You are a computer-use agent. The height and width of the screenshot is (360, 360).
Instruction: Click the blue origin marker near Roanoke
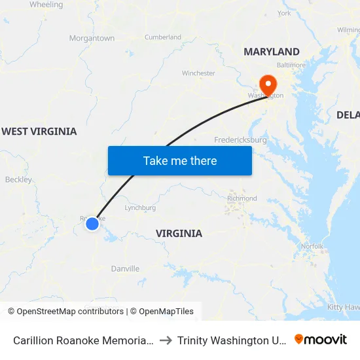coord(92,224)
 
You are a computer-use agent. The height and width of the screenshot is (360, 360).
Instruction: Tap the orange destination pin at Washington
coord(268,84)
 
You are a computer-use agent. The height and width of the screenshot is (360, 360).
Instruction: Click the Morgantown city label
coord(92,39)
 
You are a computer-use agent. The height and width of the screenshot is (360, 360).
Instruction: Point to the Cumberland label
coord(162,37)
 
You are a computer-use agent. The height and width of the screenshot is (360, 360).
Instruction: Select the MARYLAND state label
coord(272,52)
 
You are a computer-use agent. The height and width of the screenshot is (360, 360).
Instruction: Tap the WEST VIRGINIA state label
coord(39,132)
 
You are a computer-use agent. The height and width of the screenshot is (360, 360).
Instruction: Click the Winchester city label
coord(198,73)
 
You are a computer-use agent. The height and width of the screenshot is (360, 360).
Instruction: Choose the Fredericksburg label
coord(240,140)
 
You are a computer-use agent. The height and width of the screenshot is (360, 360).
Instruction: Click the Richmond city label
coord(242,198)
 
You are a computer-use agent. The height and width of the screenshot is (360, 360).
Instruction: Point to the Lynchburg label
coord(140,207)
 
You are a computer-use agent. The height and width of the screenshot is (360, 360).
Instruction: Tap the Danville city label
coord(125,269)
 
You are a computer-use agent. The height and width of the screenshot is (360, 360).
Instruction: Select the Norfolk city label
coord(312,246)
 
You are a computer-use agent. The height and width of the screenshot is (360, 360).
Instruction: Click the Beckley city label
coord(18,179)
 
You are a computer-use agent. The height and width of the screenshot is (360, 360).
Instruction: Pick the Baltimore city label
coord(291,65)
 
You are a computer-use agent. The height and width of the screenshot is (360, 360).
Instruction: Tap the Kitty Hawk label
coord(343,307)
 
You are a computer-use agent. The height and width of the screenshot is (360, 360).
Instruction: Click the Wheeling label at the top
coord(46,5)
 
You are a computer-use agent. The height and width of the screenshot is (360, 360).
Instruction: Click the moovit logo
coord(321,340)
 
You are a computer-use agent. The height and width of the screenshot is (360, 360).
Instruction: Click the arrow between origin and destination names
coord(166,340)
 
